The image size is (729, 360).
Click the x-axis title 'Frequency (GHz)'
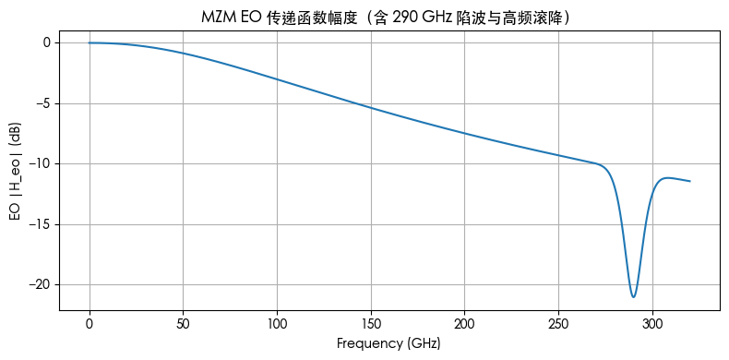click(x=388, y=343)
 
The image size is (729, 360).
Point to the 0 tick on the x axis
click(x=90, y=325)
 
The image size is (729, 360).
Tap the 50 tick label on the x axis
click(x=184, y=325)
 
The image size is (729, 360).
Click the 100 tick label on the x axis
click(x=277, y=325)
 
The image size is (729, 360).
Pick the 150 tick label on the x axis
click(x=371, y=325)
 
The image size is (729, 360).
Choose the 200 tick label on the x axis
click(x=465, y=325)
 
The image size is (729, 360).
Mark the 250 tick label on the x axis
click(x=559, y=325)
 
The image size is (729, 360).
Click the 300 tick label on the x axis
click(x=652, y=325)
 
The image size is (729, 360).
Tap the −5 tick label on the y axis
click(x=42, y=103)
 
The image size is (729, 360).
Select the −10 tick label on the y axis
click(x=40, y=164)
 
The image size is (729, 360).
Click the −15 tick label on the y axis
click(x=40, y=224)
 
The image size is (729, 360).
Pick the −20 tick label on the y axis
click(x=40, y=285)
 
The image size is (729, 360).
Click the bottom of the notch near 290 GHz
click(x=634, y=297)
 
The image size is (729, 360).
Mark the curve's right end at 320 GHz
click(x=690, y=181)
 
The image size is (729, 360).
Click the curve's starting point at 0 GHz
click(x=90, y=42)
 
